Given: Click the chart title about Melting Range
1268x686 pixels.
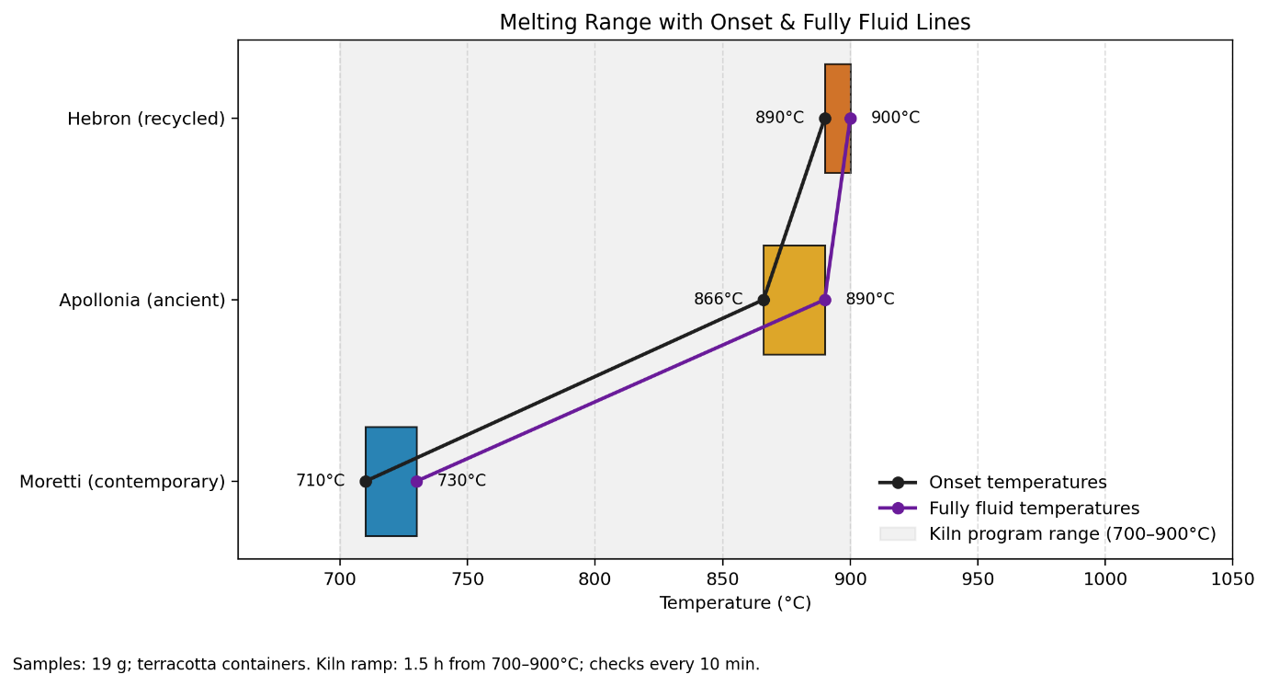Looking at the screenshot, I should point(734,23).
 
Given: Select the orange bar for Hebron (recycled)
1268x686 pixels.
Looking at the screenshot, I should point(838,147).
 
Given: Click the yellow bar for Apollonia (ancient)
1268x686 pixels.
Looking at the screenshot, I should point(794,326).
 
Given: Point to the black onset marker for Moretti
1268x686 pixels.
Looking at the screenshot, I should point(366,481).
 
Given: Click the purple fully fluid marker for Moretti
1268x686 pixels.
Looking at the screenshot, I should point(416,481).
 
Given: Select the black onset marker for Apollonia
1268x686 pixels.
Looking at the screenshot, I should point(764,300).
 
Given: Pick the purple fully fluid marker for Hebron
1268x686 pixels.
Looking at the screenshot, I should point(851,119).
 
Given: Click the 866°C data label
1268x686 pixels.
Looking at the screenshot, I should point(718,300).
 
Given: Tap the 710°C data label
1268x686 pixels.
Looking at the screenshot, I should point(320,481).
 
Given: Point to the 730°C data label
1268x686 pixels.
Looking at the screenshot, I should point(461,481).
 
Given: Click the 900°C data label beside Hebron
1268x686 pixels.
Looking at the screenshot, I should point(895,119).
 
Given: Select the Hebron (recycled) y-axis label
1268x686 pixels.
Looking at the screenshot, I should point(146,119).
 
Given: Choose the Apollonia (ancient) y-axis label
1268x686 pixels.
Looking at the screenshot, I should point(142,300).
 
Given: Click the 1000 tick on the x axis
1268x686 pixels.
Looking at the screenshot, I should point(1104,579).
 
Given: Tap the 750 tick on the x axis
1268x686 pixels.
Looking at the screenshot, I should point(468,579).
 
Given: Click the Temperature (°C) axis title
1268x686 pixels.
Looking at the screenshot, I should point(734,604).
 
